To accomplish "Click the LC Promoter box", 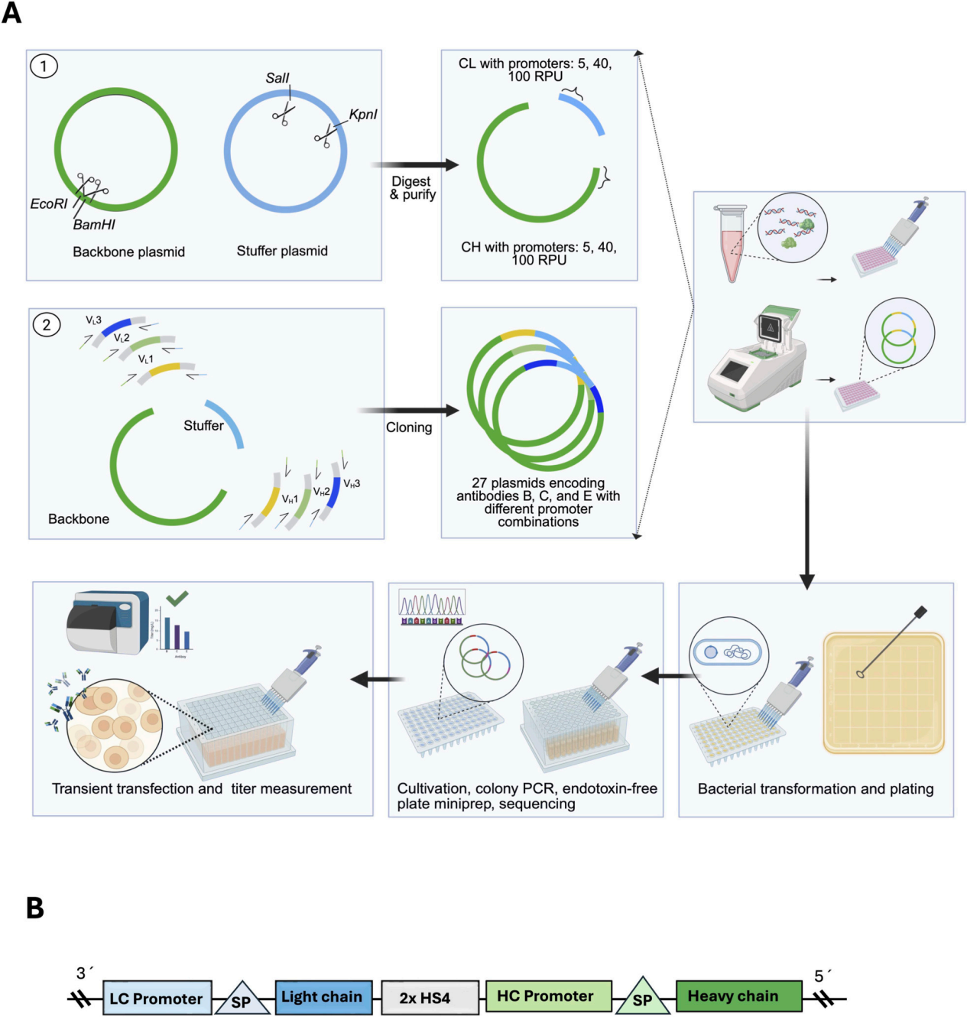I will (157, 998).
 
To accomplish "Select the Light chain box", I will (323, 997).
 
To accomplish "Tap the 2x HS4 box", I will (430, 998).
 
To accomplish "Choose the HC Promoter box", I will (548, 996).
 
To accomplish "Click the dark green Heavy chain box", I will (738, 996).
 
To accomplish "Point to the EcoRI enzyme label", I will (49, 203).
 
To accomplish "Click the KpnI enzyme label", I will (363, 115).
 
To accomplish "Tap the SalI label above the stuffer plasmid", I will (277, 78).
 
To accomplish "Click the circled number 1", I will (44, 66).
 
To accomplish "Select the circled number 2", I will (47, 324).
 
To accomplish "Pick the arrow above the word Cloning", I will (408, 411).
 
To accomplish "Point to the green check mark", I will (177, 598).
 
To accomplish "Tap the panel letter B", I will (35, 908).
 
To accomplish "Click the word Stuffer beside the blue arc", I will (203, 426).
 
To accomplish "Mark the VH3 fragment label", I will (352, 483).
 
